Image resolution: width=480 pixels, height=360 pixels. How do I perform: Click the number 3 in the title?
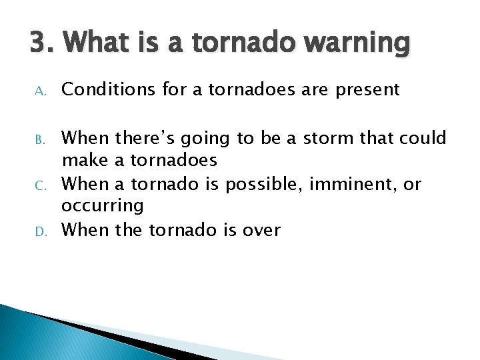click(x=37, y=44)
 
